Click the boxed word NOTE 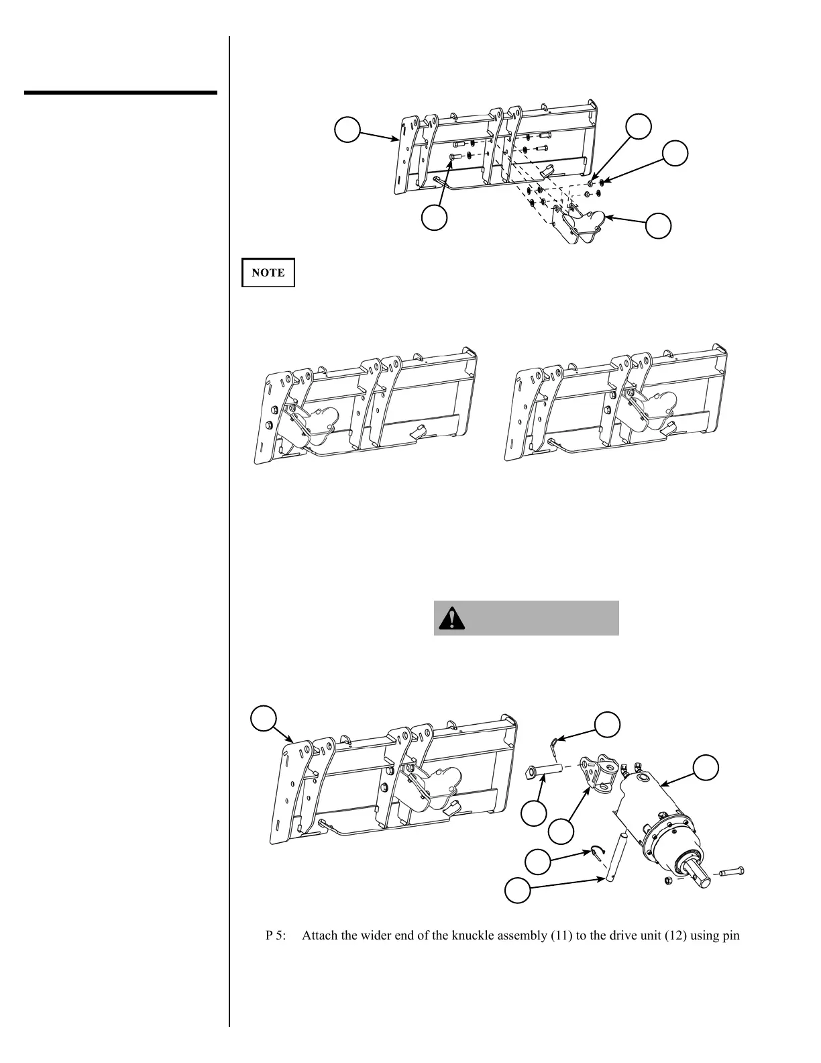[x=268, y=272]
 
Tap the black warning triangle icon [x=452, y=618]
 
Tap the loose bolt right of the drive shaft [x=732, y=872]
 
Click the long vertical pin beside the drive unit [x=617, y=857]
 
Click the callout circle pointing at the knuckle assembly [x=561, y=832]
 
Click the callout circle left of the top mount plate [x=347, y=129]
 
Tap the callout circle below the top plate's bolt [x=435, y=217]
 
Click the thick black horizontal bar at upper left [x=121, y=92]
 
